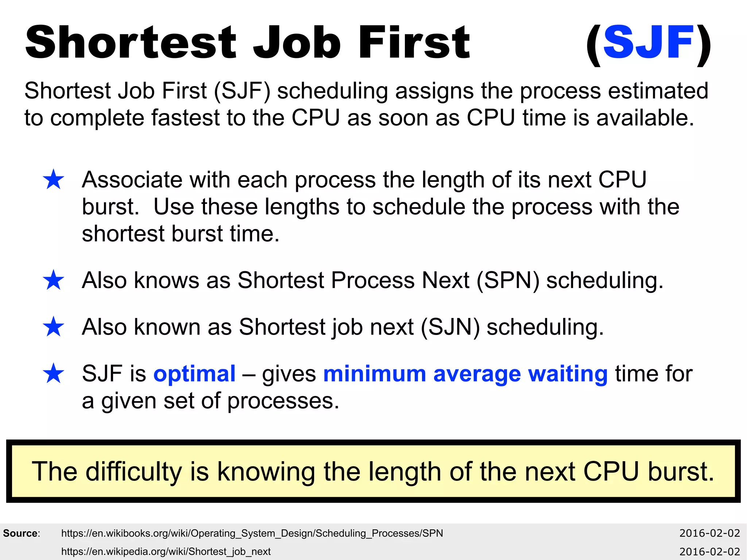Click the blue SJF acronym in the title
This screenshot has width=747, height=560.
pos(648,43)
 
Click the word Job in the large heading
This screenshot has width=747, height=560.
pos(297,43)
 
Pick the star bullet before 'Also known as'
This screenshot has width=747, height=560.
pos(54,327)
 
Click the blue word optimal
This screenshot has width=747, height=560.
pos(194,374)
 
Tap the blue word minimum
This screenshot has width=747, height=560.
pos(375,374)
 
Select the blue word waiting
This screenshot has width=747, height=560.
pos(568,374)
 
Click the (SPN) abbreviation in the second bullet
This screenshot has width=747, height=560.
pos(508,281)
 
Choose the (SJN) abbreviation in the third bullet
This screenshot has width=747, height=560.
pos(450,327)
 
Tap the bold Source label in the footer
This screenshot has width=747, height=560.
pos(21,533)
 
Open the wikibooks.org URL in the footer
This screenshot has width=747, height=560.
pos(252,533)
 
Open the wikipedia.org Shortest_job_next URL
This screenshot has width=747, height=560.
pos(166,552)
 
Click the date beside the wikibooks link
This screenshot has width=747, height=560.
pos(709,533)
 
